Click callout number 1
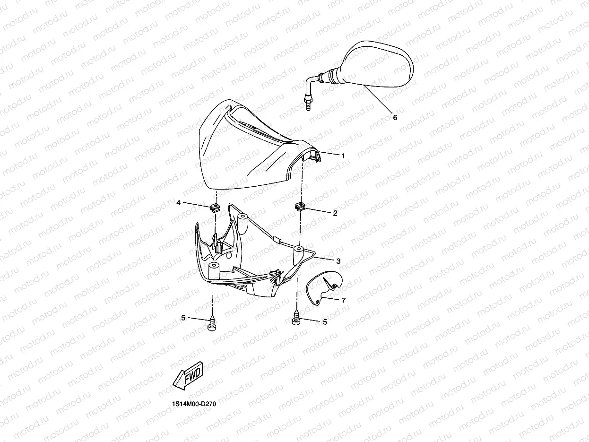343,156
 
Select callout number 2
335,213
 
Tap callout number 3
338,261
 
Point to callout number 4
179,203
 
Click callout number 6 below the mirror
395,117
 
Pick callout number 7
344,300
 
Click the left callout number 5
183,318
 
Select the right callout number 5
325,322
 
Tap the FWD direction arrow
188,375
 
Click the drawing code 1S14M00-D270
194,404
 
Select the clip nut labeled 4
215,208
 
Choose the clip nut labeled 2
300,207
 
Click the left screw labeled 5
212,324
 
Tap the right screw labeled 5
296,318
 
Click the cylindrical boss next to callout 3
298,255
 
